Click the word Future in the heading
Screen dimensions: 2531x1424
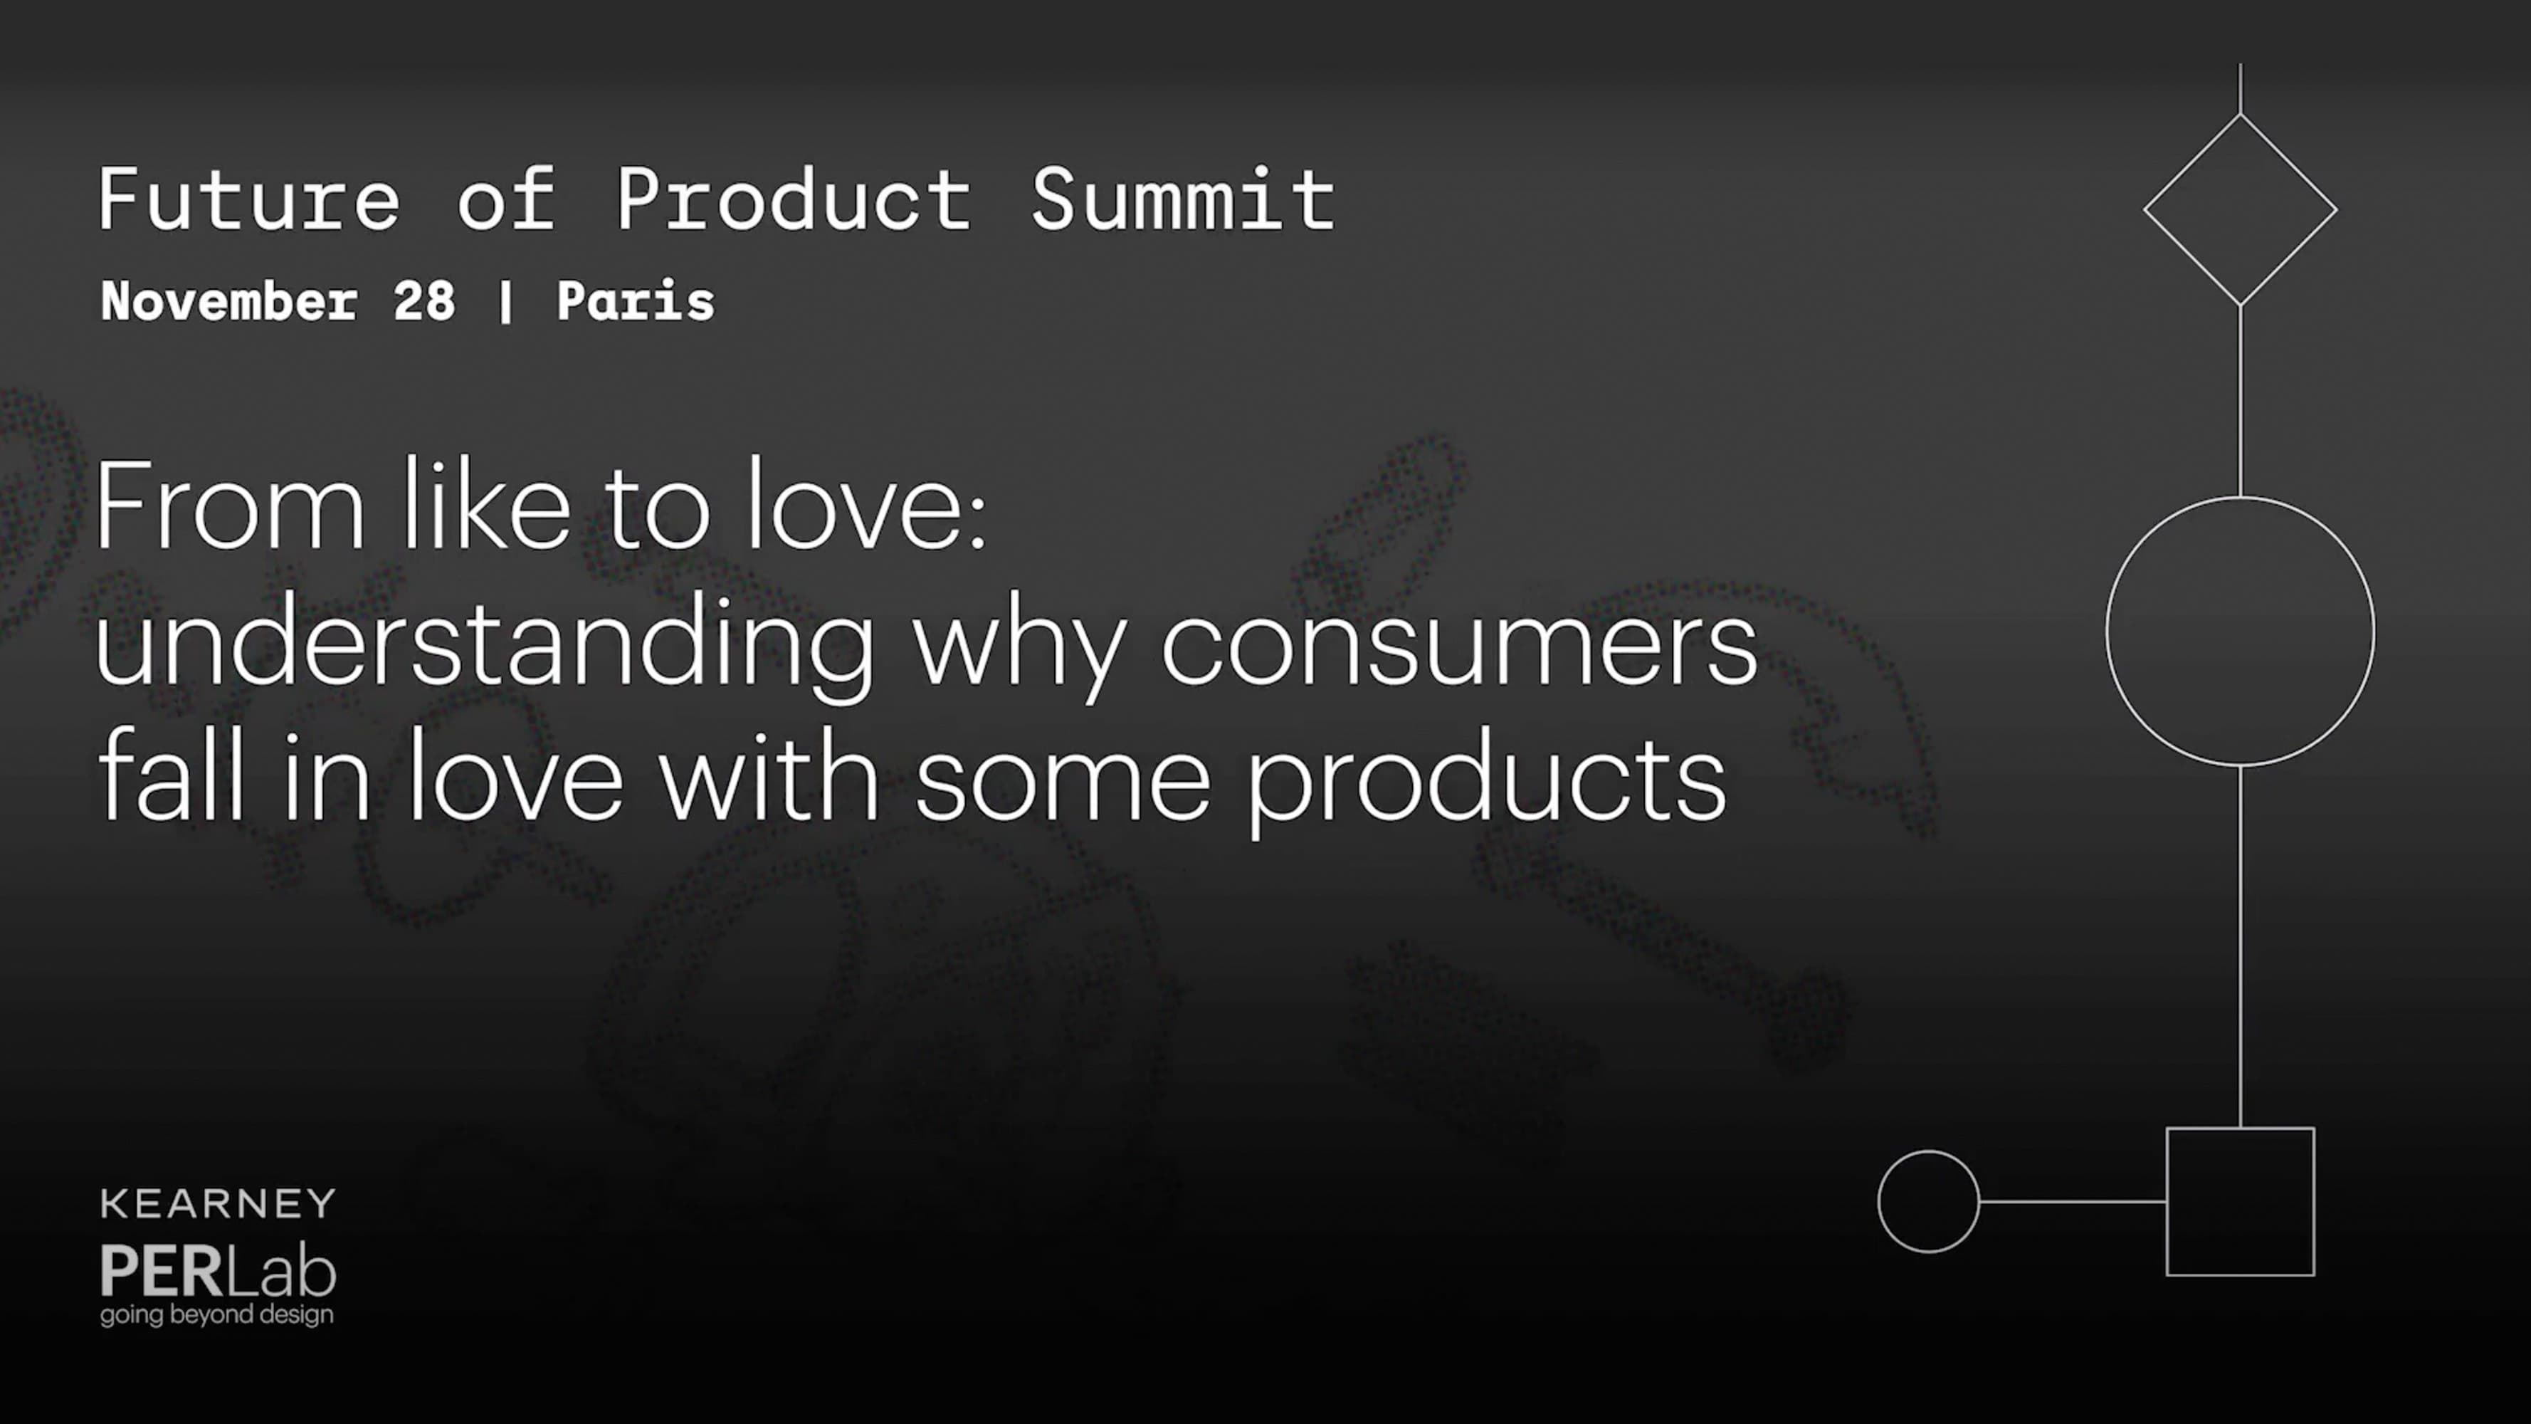coord(250,199)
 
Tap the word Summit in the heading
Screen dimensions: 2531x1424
coord(1184,199)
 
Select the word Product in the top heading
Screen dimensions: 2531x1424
coord(794,199)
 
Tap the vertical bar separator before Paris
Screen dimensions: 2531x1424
coord(505,302)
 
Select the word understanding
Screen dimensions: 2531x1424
coord(485,644)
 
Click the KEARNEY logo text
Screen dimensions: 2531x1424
coord(218,1204)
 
